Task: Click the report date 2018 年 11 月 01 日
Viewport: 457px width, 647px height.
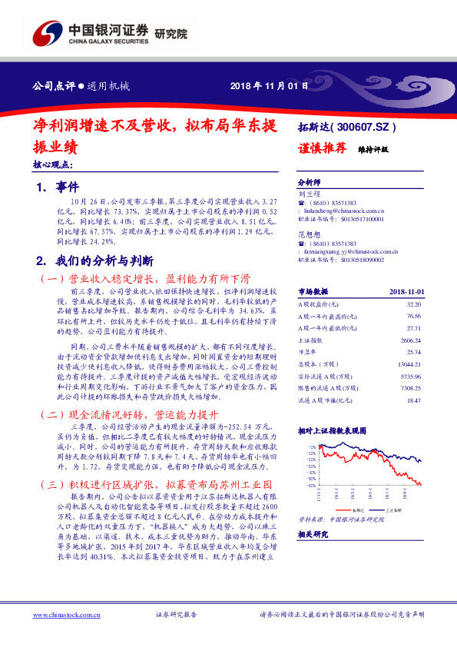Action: click(269, 85)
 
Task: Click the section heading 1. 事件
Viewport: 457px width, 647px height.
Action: click(52, 187)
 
